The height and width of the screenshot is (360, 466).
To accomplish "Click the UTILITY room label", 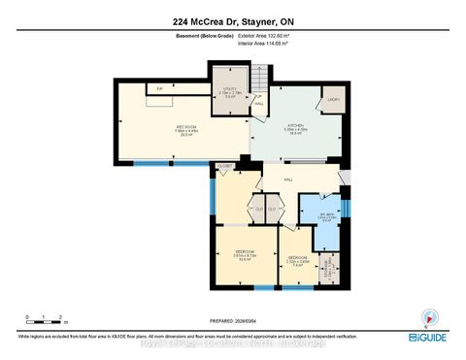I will coord(230,90).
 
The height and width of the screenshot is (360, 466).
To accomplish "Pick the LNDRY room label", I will coord(331,99).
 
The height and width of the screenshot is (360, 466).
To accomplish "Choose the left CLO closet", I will coord(258,209).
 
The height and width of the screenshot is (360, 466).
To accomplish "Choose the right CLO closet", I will coord(274,209).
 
